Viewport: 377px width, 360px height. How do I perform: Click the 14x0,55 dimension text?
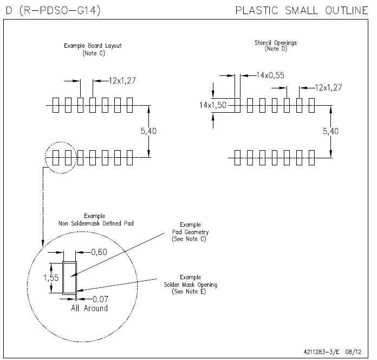270,75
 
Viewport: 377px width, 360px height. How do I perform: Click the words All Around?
89,308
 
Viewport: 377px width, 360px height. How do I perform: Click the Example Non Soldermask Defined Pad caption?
95,220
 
